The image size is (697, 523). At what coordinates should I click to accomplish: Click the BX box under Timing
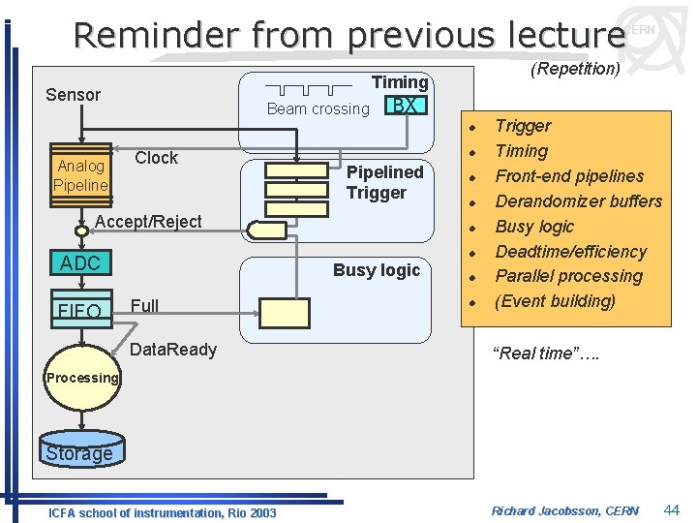click(x=407, y=105)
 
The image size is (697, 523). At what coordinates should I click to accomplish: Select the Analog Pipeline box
click(x=80, y=175)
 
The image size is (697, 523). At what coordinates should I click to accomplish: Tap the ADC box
click(x=80, y=263)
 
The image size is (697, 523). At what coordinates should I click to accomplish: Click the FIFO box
click(x=80, y=310)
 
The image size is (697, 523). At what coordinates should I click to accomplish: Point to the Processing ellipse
click(x=82, y=378)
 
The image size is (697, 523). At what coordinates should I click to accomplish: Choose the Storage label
click(x=79, y=453)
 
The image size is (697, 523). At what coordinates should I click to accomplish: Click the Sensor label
click(x=74, y=94)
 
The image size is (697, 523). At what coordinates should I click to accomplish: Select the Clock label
click(x=156, y=158)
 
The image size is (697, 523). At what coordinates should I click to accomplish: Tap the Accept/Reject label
click(x=148, y=222)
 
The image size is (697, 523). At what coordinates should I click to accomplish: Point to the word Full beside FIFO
click(x=144, y=306)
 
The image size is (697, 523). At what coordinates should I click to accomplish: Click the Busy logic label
click(x=377, y=270)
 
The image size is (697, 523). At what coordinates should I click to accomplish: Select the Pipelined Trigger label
click(x=384, y=182)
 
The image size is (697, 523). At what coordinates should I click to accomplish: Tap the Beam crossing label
click(x=318, y=108)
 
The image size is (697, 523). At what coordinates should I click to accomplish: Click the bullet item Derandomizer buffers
click(x=578, y=201)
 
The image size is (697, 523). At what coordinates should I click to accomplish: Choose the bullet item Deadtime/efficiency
click(x=570, y=252)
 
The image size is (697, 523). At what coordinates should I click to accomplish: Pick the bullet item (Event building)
click(x=555, y=301)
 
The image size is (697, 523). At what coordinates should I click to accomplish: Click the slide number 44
click(x=672, y=509)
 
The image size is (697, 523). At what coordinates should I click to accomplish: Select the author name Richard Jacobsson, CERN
click(x=564, y=510)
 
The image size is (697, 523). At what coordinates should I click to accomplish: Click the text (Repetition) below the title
click(x=575, y=69)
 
